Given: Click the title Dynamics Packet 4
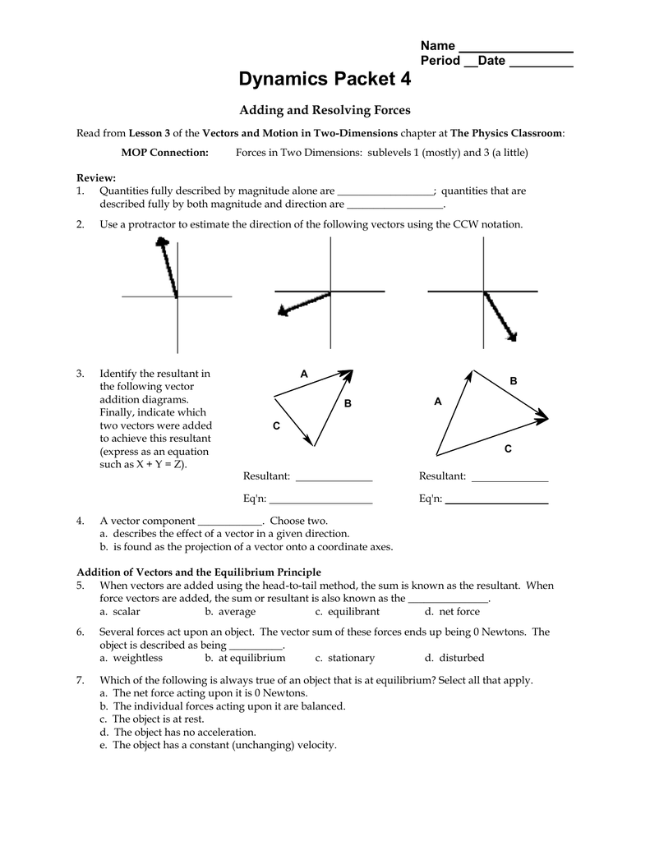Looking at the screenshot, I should coord(325,80).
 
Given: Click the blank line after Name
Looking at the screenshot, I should coord(515,47).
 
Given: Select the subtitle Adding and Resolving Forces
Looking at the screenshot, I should coord(325,110).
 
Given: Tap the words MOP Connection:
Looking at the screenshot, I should coord(164,152).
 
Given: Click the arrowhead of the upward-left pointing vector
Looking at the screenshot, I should coord(163,242).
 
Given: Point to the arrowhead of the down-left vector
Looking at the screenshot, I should coord(284,310).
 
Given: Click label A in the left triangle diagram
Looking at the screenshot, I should coord(303,375).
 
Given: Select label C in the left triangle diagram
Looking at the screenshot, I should coord(276,425).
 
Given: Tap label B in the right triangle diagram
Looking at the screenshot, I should coord(514,381).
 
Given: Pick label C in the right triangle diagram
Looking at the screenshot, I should coord(508,449).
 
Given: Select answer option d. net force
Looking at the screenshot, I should coord(452,612).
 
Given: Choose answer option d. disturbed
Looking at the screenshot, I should coord(454,658).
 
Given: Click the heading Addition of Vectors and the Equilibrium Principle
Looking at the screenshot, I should coord(199,572).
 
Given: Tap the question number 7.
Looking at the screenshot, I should coord(80,680).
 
